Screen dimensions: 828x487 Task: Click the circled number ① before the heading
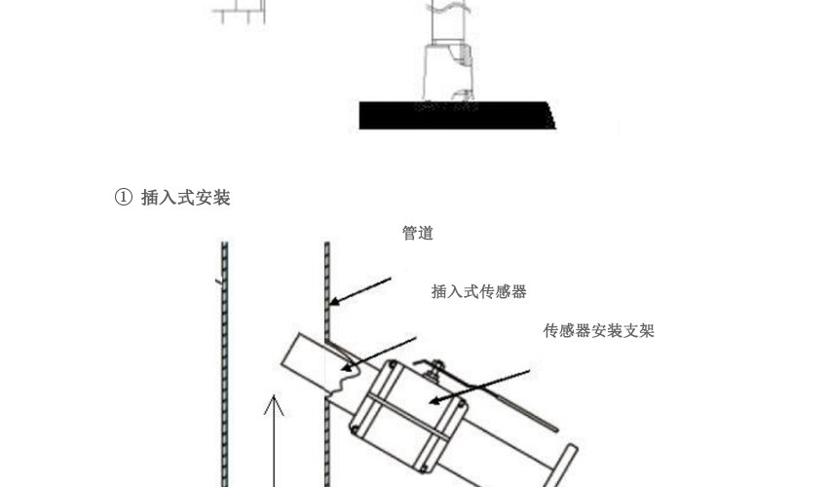[123, 198]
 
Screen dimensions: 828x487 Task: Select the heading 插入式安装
[186, 198]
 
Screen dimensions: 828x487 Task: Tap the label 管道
[418, 233]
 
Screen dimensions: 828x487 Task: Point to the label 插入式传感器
[479, 291]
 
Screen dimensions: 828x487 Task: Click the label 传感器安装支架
[599, 330]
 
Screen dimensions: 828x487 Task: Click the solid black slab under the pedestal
[457, 116]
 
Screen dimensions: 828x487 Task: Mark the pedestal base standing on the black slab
[449, 72]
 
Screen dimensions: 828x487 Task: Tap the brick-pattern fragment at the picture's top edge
[239, 12]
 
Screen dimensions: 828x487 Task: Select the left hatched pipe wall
[224, 364]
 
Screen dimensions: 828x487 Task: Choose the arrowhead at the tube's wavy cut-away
[347, 366]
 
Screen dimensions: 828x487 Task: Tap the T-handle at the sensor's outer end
[561, 466]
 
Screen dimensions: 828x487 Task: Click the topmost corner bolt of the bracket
[393, 364]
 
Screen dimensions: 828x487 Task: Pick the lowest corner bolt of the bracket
[424, 468]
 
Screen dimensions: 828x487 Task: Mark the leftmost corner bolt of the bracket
[355, 430]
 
